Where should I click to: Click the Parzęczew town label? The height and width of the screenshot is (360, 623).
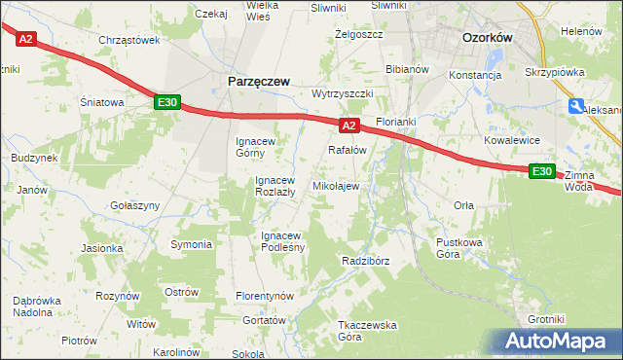coord(258,83)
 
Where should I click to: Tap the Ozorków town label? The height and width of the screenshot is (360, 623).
coord(487,37)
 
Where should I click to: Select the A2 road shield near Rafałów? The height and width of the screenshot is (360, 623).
coord(349,126)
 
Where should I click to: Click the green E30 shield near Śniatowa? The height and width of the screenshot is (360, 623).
coord(166,102)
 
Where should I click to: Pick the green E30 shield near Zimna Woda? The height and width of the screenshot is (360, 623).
coord(542,171)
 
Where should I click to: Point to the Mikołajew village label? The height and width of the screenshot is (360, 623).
coord(336,185)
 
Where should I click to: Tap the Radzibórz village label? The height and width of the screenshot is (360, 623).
coord(366,262)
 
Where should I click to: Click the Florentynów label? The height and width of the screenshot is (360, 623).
coord(265,295)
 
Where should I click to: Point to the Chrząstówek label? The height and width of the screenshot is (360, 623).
coord(128,40)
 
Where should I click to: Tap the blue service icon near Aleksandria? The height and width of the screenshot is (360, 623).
coord(577,107)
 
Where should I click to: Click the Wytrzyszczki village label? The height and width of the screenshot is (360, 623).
coord(343,93)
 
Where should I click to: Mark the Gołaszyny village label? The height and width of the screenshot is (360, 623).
coord(135,205)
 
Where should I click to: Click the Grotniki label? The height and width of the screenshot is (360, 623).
coord(545,319)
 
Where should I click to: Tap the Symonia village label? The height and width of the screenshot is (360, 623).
coord(191,244)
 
